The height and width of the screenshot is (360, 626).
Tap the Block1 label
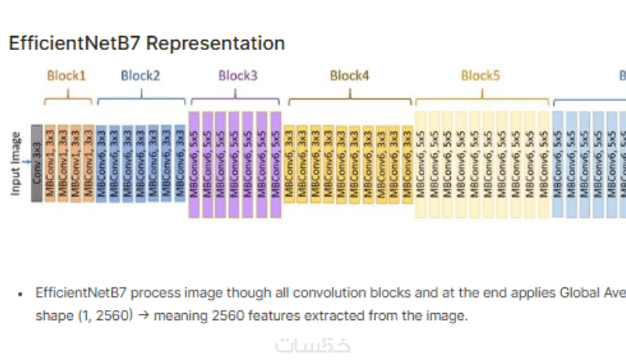point(67,76)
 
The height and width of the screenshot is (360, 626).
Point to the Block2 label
point(141,76)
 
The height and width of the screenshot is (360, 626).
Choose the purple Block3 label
point(238,76)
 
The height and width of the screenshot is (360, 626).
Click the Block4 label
point(350,76)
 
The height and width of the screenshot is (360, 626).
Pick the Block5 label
point(480,76)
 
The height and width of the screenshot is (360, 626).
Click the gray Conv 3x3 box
point(37,163)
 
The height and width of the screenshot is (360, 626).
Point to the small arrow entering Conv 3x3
point(27,163)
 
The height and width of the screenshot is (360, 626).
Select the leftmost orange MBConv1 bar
point(50,163)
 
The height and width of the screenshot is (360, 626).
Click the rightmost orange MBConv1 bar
point(88,163)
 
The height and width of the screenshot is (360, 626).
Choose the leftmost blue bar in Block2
point(101,163)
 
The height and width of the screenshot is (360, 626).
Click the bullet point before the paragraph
point(20,294)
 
